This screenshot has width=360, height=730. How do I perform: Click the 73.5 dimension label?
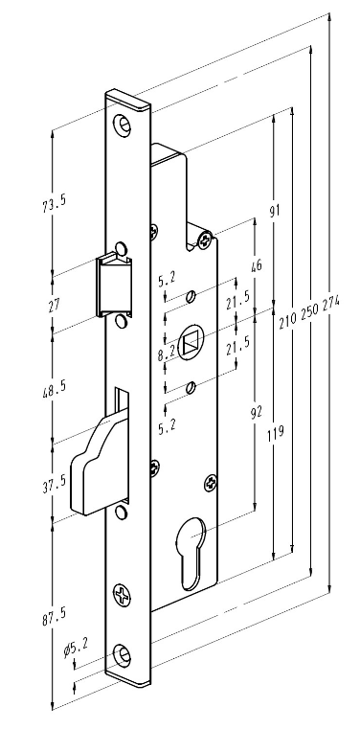click(55, 203)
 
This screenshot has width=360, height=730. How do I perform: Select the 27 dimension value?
click(55, 306)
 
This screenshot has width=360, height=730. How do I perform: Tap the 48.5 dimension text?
click(55, 388)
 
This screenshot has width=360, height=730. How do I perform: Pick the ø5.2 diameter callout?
click(77, 647)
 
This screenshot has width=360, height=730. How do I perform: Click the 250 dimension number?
click(310, 313)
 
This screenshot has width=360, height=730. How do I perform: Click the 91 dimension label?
click(276, 210)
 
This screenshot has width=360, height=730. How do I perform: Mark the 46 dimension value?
click(257, 265)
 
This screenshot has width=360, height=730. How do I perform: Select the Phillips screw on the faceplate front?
click(122, 595)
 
